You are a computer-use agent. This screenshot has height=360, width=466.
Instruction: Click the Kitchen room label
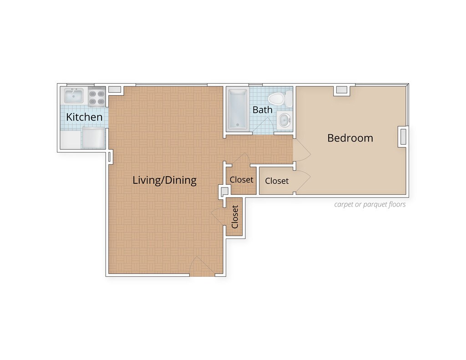[x=84, y=117]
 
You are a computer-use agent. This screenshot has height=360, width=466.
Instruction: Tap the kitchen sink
[x=74, y=95]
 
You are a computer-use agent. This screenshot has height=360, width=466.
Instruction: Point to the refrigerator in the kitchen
[x=93, y=138]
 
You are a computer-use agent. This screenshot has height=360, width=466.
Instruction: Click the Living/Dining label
[x=164, y=180]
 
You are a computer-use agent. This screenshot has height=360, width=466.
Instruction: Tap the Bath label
[x=263, y=110]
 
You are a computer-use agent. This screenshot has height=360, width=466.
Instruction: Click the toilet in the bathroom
[x=280, y=99]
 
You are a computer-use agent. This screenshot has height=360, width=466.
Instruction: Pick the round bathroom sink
[x=284, y=120]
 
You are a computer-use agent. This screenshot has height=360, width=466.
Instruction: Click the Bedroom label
[x=350, y=138]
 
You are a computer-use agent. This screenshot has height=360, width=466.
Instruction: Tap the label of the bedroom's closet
[x=277, y=181]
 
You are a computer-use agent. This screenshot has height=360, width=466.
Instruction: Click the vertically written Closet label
[x=235, y=217]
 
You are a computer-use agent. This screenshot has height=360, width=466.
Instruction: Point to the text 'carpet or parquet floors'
[x=370, y=204]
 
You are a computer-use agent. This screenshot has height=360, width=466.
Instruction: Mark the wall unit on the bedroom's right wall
[x=403, y=137]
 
